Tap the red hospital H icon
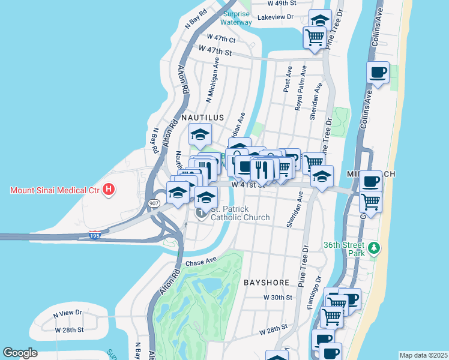tap(109, 191)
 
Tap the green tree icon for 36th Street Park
tap(375, 248)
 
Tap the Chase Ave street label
tap(200, 262)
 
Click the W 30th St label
tap(277, 297)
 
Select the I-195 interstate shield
tap(95, 234)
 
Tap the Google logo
tap(20, 353)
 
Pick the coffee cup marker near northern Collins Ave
tap(378, 73)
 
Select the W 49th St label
tap(282, 3)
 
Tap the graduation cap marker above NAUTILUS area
tap(200, 135)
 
